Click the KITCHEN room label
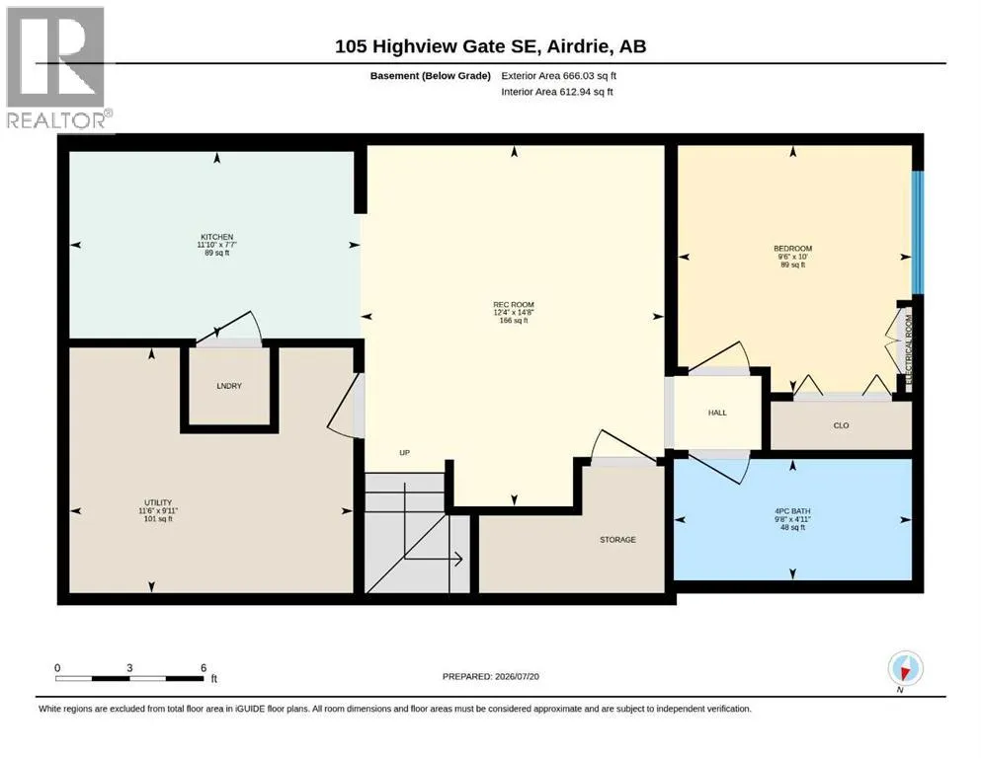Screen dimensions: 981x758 click(x=217, y=237)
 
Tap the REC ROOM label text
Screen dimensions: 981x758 click(x=514, y=305)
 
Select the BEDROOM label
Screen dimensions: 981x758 click(x=792, y=249)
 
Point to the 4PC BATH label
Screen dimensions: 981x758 click(x=792, y=511)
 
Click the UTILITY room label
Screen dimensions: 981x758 click(x=158, y=502)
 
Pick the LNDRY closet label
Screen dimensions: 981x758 click(x=229, y=386)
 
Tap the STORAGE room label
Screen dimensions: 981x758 click(x=617, y=539)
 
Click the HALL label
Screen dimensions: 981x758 click(x=717, y=413)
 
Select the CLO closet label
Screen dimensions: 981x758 click(x=841, y=425)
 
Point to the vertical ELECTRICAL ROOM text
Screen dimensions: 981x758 click(x=909, y=349)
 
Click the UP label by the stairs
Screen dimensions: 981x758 click(x=405, y=452)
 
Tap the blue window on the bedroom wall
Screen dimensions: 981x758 click(x=917, y=233)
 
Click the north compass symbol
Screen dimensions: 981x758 click(x=905, y=668)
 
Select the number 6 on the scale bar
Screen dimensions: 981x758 click(x=204, y=667)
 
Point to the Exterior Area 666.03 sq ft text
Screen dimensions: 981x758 click(x=559, y=76)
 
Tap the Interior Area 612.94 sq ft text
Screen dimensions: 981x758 click(x=557, y=91)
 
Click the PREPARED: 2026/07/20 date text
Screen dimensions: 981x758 click(x=490, y=676)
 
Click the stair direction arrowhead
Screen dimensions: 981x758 click(x=458, y=559)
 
